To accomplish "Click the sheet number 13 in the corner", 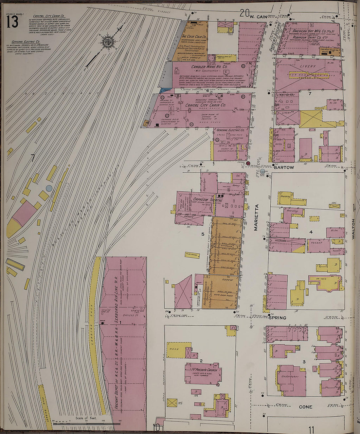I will (12, 22).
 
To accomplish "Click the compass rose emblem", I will (107, 41).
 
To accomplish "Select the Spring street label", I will (278, 318).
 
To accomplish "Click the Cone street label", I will (305, 407).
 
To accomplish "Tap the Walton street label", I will (353, 229).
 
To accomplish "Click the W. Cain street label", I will (258, 16).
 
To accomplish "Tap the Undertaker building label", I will (290, 376).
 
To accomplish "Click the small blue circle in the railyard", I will (49, 188).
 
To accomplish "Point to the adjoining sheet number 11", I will (311, 429).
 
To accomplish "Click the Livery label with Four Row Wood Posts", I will (308, 66).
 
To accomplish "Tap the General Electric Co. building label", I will (230, 130).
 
